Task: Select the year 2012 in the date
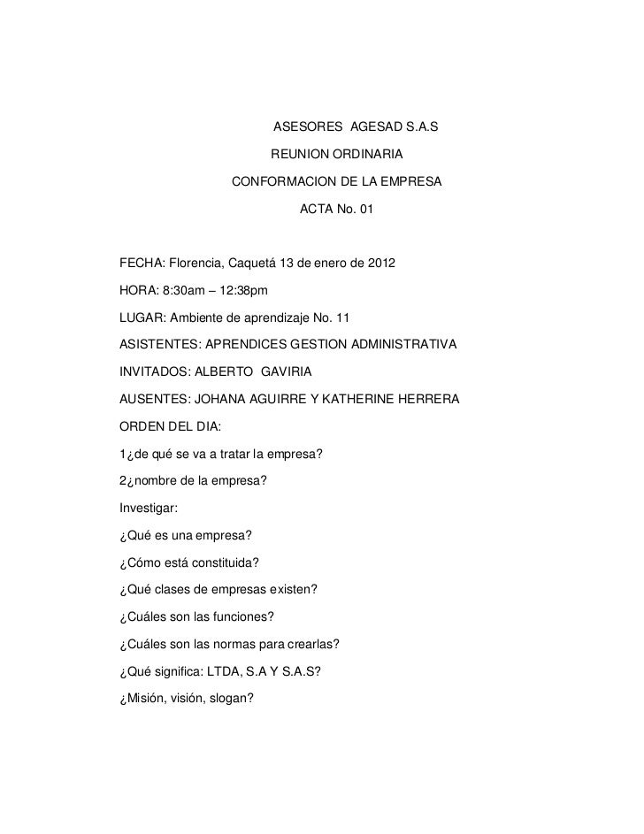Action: (380, 264)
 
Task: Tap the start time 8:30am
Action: (182, 290)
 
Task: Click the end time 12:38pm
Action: (239, 290)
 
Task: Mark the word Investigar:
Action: (146, 510)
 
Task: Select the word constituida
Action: (220, 563)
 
